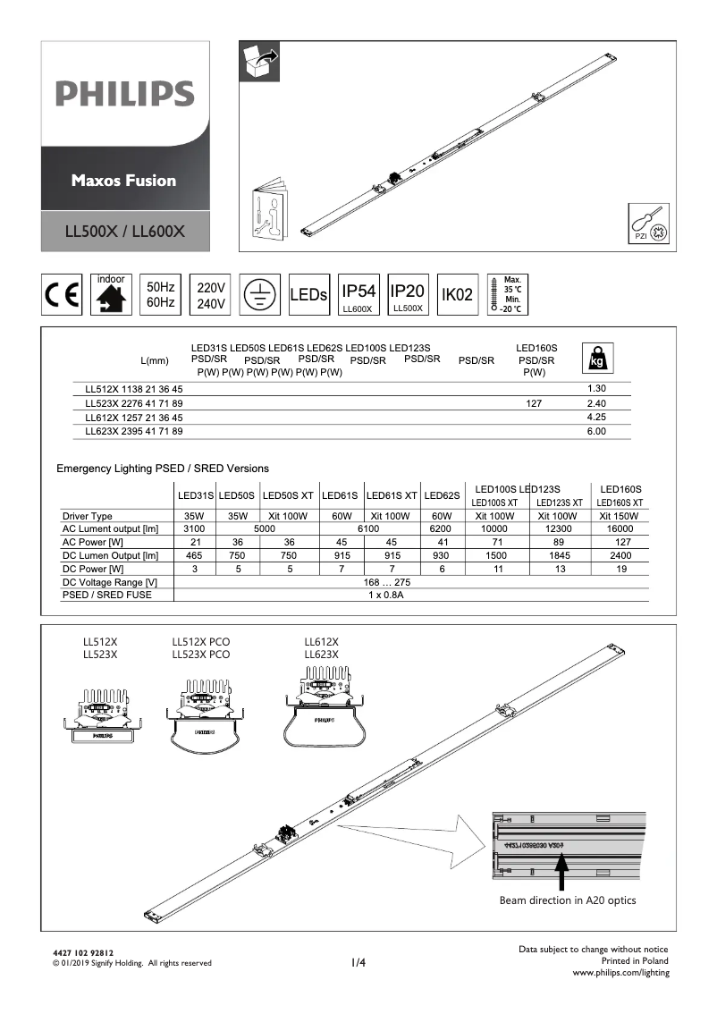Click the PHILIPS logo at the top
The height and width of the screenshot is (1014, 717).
point(124,94)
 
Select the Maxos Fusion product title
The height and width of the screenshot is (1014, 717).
point(124,180)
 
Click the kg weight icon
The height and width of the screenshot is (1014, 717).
point(595,358)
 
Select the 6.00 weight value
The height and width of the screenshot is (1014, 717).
point(596,431)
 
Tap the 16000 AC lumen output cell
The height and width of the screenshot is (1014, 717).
point(621,528)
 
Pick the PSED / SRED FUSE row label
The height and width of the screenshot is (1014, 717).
point(100,594)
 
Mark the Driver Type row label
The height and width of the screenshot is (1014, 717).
point(88,516)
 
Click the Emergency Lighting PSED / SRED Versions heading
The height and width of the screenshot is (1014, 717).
point(163,469)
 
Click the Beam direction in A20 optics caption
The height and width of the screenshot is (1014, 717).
point(568,900)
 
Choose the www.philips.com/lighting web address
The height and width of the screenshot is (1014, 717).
point(620,972)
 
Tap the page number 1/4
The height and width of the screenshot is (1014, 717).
point(358,962)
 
